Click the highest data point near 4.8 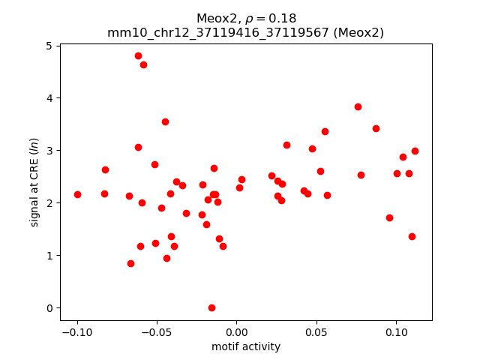(x=138, y=55)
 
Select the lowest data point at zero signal (x=211, y=307)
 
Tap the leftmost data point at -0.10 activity (x=77, y=194)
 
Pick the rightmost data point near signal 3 (x=415, y=151)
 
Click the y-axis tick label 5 (x=48, y=46)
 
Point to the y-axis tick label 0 (x=48, y=308)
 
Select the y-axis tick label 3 (x=48, y=151)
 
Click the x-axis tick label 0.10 (x=396, y=332)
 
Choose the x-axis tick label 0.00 (x=236, y=332)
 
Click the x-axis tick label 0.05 (x=316, y=332)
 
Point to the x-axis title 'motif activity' (x=246, y=346)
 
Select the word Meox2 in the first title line (x=215, y=18)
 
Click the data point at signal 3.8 (x=358, y=106)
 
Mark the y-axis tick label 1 (x=48, y=256)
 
